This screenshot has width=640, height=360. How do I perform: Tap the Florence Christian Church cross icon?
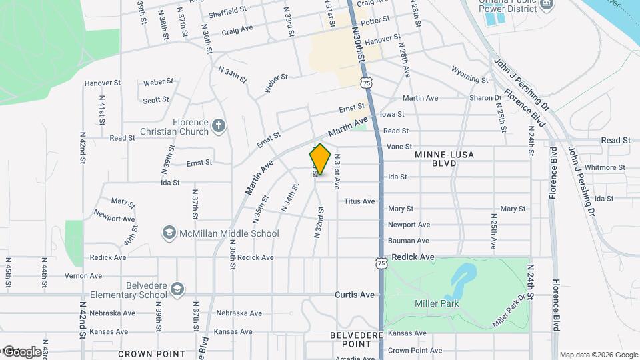click(218, 125)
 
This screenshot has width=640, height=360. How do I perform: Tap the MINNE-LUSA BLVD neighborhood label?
click(444, 158)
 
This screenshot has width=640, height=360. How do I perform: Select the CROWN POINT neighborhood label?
click(142, 353)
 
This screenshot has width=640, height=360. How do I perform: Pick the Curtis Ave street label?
click(355, 294)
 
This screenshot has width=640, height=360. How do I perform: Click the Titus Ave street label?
click(359, 201)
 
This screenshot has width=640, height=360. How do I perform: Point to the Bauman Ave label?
click(409, 241)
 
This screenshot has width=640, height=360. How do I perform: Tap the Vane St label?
click(399, 147)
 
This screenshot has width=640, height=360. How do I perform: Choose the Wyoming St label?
click(469, 74)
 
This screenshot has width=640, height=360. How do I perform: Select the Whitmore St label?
click(605, 167)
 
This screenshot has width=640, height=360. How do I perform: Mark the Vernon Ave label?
click(83, 275)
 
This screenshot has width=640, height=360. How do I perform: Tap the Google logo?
click(21, 351)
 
